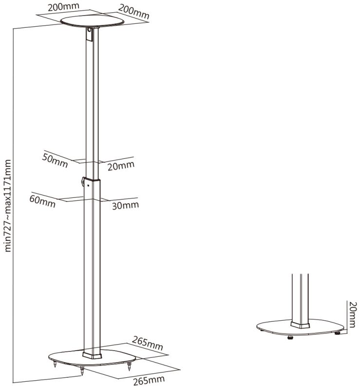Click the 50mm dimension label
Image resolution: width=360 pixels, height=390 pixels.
tap(55, 160)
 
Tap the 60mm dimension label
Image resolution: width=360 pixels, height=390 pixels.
tap(42, 201)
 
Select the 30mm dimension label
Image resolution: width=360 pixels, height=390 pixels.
tap(125, 205)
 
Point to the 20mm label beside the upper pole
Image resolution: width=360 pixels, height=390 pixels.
tap(121, 166)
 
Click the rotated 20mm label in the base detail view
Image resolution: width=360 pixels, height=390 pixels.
tap(353, 314)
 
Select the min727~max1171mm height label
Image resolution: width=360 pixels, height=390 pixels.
tap(8, 206)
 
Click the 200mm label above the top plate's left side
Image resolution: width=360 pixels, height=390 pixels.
tap(63, 7)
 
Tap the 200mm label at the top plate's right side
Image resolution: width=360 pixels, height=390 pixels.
tap(134, 12)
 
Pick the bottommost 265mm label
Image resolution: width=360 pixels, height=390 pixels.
tap(149, 380)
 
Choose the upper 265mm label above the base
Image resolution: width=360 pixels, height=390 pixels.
tap(147, 343)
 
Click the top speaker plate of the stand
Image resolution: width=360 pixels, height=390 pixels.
tap(92, 21)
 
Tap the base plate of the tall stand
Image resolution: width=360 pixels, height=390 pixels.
tap(92, 358)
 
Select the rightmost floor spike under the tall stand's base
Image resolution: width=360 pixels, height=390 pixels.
tap(129, 367)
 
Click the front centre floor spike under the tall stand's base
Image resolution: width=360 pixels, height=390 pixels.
tap(82, 371)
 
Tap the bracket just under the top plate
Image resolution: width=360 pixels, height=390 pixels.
tap(89, 34)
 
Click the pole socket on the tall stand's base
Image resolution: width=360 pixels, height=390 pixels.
tap(92, 355)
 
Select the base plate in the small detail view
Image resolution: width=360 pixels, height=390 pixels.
tap(301, 327)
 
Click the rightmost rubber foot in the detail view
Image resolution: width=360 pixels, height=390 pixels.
tap(338, 333)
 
